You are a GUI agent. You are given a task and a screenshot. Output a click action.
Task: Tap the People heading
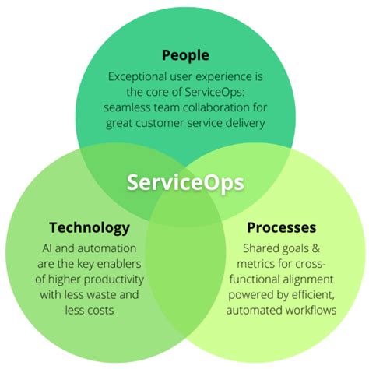184,56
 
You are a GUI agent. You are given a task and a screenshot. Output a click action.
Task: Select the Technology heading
89,227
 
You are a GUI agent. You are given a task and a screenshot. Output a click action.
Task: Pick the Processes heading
281,227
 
